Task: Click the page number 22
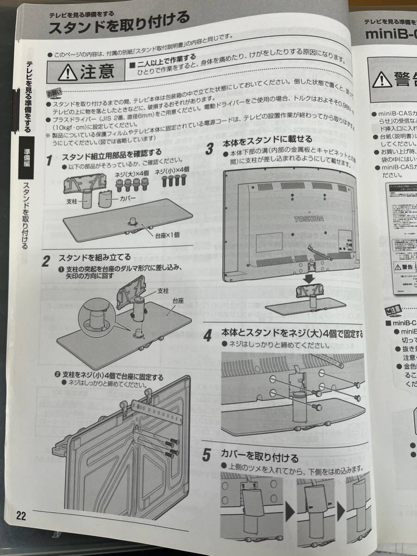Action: [x=21, y=515]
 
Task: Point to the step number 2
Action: [x=46, y=261]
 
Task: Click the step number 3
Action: [x=209, y=149]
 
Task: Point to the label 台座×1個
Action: [x=167, y=234]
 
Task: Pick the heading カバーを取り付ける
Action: [x=259, y=458]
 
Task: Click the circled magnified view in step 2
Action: [x=96, y=320]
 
